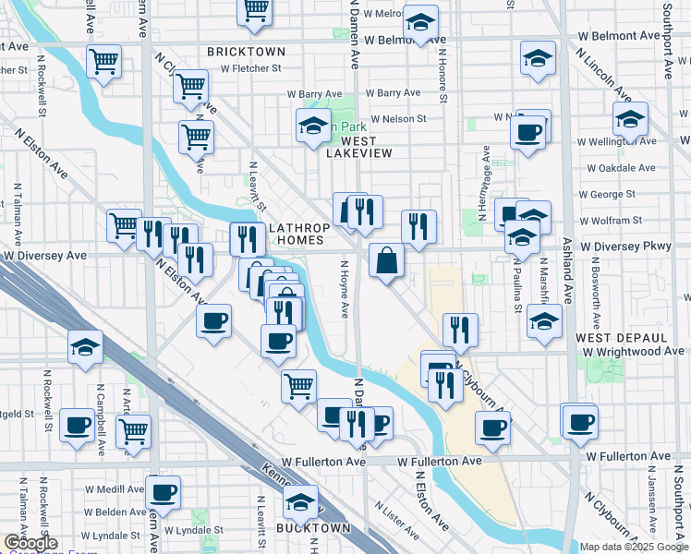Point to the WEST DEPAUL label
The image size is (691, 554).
tap(616, 338)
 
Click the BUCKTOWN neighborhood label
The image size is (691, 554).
tap(313, 528)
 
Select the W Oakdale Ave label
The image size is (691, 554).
tap(622, 169)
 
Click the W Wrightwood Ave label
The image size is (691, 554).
tap(633, 352)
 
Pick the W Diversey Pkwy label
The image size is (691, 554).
tap(632, 247)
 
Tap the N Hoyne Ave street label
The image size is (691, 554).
tap(343, 289)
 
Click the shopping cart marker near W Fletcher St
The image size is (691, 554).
tap(190, 88)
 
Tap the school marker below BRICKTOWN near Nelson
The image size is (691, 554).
tap(313, 126)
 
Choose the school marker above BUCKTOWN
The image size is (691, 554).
tap(300, 502)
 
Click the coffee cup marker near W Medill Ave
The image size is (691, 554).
tap(164, 491)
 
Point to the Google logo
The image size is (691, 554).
tap(30, 543)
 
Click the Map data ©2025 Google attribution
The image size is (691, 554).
tap(634, 547)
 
